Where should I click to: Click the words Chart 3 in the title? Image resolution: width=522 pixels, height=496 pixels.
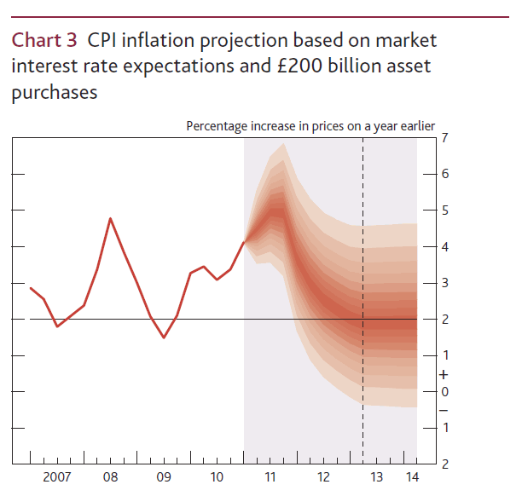[44, 39]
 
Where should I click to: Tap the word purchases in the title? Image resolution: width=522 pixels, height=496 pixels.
[54, 93]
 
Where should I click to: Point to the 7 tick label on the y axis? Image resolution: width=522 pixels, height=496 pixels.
[445, 137]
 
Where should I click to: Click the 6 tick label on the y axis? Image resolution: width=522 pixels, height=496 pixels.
[445, 174]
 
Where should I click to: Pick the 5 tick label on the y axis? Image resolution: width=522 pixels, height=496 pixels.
[445, 210]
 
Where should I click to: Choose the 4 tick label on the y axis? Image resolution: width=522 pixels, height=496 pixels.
[445, 246]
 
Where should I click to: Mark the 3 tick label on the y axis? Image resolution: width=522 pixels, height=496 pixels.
[445, 282]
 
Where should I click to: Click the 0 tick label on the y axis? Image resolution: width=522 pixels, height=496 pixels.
[445, 391]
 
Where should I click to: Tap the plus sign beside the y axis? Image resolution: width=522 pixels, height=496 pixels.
[444, 374]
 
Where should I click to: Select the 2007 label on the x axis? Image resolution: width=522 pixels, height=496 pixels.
[57, 476]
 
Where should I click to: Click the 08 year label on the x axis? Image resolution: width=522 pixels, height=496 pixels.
[110, 476]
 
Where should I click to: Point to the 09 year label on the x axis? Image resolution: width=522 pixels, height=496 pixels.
[163, 476]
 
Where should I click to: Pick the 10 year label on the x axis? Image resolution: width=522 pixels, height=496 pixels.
[217, 476]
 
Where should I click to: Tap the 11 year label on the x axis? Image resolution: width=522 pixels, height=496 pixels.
[270, 476]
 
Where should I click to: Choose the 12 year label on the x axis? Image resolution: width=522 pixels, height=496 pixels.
[323, 476]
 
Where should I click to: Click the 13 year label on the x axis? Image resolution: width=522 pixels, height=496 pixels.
[377, 476]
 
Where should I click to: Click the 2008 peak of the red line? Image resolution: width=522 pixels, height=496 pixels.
[110, 218]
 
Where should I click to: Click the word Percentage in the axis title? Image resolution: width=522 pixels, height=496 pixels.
[217, 127]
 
